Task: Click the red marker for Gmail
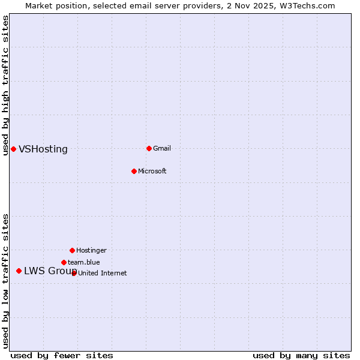pyautogui.click(x=149, y=148)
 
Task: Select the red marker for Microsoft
pyautogui.click(x=134, y=171)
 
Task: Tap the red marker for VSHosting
pyautogui.click(x=13, y=149)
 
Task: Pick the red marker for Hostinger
pyautogui.click(x=72, y=250)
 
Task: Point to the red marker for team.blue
pyautogui.click(x=64, y=262)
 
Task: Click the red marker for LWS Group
pyautogui.click(x=19, y=271)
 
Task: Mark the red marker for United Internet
pyautogui.click(x=74, y=273)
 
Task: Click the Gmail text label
pyautogui.click(x=162, y=148)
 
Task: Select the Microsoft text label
pyautogui.click(x=152, y=171)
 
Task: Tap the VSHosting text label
pyautogui.click(x=43, y=149)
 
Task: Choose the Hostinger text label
pyautogui.click(x=91, y=250)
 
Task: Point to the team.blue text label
pyautogui.click(x=84, y=262)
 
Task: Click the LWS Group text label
pyautogui.click(x=50, y=271)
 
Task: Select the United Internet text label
pyautogui.click(x=103, y=273)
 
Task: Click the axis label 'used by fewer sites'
pyautogui.click(x=62, y=355)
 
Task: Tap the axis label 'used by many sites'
pyautogui.click(x=301, y=355)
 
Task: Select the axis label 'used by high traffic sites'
pyautogui.click(x=5, y=85)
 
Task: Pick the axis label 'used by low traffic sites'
pyautogui.click(x=5, y=281)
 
